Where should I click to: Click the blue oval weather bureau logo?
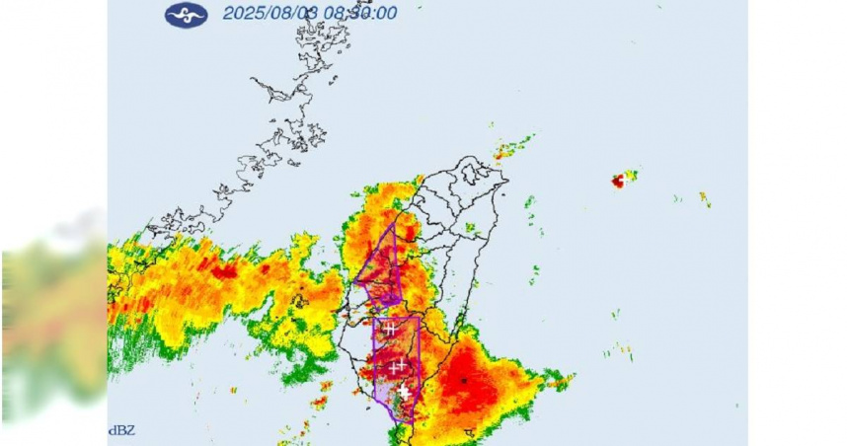click(x=186, y=15)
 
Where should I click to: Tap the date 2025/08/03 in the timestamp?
click(x=264, y=14)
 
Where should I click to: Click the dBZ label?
click(x=119, y=430)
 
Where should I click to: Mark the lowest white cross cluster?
click(x=403, y=391)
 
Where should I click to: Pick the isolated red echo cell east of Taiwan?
click(x=621, y=181)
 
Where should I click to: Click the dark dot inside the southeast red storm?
click(x=463, y=379)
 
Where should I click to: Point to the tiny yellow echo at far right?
click(x=704, y=199)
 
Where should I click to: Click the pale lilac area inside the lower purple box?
click(x=385, y=390)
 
